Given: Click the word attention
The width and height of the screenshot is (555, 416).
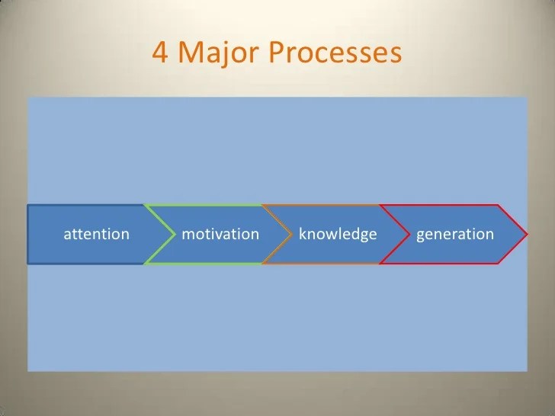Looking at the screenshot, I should [96, 234].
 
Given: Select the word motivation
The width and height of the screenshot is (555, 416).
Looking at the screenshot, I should [221, 234].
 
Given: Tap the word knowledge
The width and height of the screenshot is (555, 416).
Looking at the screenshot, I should [338, 234].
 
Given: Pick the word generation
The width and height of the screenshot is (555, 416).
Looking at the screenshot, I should [455, 234].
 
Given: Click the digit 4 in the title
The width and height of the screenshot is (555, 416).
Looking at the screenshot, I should [161, 54].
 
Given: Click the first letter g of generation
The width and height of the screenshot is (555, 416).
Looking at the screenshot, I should [421, 235].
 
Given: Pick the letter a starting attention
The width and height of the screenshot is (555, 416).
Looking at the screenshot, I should [66, 235].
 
